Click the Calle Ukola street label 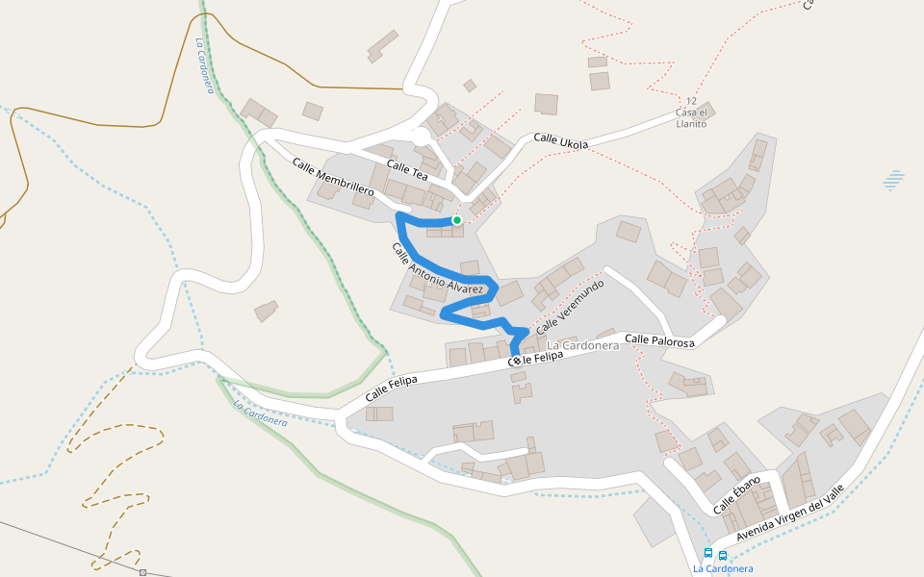point(560,141)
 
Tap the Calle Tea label point(406,170)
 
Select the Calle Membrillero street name point(333,179)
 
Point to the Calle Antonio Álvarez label point(437,268)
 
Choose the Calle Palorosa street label point(659,339)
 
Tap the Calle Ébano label point(736,494)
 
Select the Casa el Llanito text point(691,118)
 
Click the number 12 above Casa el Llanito point(690,101)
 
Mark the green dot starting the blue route point(457,220)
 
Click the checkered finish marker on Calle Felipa point(516,361)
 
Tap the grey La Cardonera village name point(582,345)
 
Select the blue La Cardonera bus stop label point(723,568)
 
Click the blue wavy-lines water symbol point(894,180)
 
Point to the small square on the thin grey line point(142,573)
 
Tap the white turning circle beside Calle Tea point(422,138)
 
